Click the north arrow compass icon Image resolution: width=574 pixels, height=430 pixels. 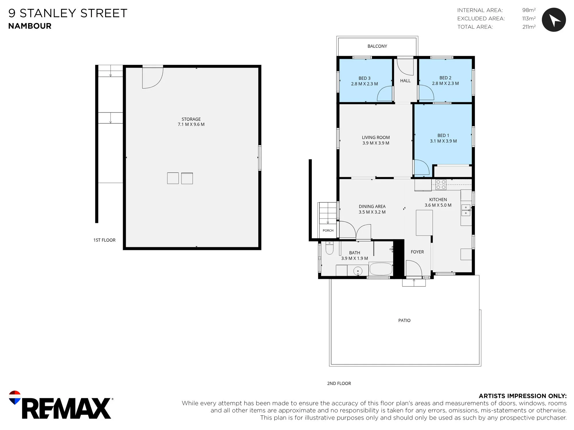(x=554, y=20)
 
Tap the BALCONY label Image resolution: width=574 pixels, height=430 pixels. (x=377, y=46)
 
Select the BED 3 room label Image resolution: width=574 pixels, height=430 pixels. (x=364, y=78)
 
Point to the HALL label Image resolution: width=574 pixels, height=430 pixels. (x=405, y=81)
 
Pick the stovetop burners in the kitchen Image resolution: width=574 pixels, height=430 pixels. (x=441, y=185)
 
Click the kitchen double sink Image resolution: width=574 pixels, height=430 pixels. (x=466, y=210)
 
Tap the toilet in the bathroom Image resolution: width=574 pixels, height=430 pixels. (x=329, y=248)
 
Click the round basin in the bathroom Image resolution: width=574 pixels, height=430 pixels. (x=358, y=271)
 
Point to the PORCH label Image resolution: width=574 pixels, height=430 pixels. (x=328, y=230)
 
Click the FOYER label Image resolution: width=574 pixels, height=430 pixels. (x=417, y=252)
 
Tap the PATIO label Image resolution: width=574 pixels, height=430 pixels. (x=404, y=320)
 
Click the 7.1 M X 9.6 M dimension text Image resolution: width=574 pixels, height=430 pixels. (x=191, y=124)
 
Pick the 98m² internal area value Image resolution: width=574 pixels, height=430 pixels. (x=529, y=10)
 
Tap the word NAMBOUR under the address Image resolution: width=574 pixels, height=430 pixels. (x=30, y=26)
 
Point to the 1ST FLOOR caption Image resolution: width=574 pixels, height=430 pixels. (x=104, y=240)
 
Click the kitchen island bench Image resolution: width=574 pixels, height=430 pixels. (x=424, y=223)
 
